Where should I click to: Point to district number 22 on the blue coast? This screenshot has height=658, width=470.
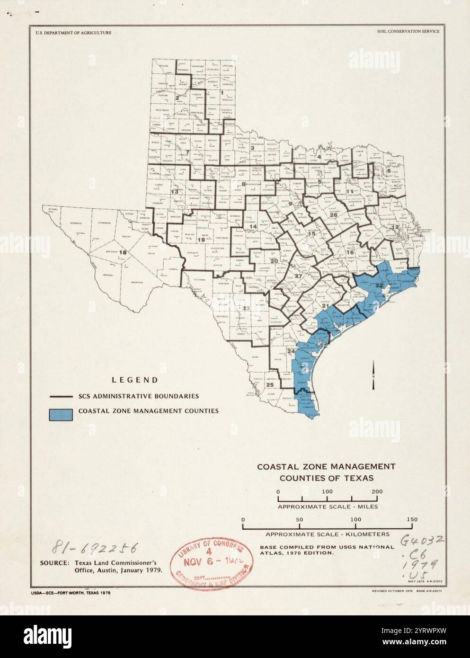point(379,285)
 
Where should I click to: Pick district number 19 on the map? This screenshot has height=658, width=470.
point(201,240)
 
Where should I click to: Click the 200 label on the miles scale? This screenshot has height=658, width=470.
point(377,491)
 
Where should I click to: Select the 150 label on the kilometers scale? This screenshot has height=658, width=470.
point(412,519)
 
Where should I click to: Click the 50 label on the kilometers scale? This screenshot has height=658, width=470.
point(300,519)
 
